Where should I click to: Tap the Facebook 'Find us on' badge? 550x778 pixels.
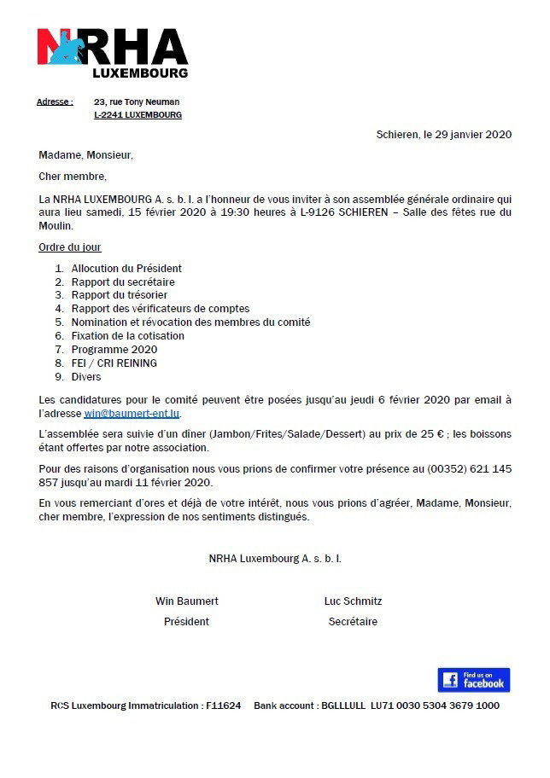473,680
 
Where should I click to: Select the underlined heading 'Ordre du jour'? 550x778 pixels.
70,247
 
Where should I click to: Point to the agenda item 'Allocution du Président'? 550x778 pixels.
126,268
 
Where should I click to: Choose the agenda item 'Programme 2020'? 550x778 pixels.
114,350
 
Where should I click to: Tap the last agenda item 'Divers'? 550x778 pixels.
86,377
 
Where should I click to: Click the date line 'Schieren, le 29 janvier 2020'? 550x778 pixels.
443,136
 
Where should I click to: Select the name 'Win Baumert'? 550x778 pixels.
186,601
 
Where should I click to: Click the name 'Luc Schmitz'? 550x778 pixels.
353,601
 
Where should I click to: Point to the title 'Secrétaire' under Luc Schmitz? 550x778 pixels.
353,622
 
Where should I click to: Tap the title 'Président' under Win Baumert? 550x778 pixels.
186,622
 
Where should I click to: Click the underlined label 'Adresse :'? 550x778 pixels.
55,102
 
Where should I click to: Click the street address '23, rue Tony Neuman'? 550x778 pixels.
137,102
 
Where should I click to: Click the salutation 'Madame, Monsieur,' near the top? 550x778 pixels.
86,155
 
